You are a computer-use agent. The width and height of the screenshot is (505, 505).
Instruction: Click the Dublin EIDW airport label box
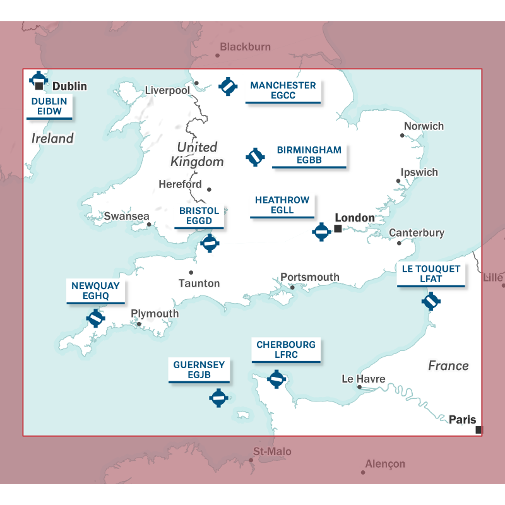tap(49, 107)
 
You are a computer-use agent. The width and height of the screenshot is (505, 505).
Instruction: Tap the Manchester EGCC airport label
tap(283, 91)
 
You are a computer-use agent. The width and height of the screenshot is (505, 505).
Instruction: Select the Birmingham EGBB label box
tap(309, 155)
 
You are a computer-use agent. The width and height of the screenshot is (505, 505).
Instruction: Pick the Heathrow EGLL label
tap(282, 205)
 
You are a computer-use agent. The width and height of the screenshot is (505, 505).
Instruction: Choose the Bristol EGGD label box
tap(199, 216)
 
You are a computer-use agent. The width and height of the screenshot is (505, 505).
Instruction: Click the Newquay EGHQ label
tap(95, 291)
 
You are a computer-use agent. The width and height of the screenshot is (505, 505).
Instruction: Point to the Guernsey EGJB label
tap(199, 370)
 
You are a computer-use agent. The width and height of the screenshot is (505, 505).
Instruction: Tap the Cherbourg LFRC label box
tap(286, 350)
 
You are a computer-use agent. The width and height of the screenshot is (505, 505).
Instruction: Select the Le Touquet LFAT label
tap(431, 274)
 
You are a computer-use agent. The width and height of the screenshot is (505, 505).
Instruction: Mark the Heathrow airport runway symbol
tap(321, 232)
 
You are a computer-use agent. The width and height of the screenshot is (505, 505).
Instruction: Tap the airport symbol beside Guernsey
tap(218, 398)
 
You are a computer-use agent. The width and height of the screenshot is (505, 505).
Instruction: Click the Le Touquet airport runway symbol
tap(431, 301)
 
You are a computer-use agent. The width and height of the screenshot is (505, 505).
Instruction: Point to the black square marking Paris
tap(478, 430)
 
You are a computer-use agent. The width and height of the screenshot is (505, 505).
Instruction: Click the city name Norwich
tap(424, 126)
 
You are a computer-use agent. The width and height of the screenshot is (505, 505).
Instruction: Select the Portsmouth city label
tap(309, 277)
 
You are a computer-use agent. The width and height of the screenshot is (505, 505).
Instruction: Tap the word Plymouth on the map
tap(155, 314)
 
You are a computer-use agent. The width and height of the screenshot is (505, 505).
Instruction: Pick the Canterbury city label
tap(417, 233)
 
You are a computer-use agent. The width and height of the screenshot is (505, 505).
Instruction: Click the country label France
tap(448, 365)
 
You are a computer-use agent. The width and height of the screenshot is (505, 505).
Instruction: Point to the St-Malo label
tap(272, 452)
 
